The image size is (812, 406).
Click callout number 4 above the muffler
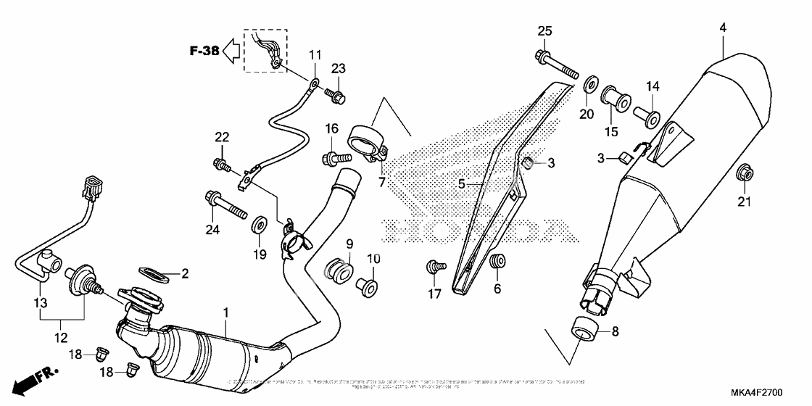[x=723, y=28]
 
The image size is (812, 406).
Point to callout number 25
[x=544, y=30]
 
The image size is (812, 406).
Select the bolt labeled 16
[x=331, y=156]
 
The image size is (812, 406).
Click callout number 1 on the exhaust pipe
[x=225, y=312]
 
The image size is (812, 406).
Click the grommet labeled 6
[x=497, y=262]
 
